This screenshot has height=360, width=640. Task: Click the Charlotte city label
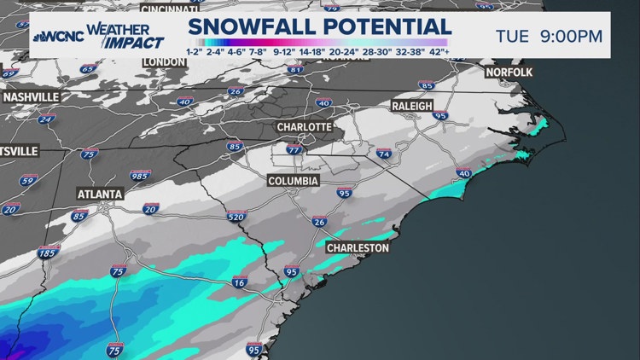[303, 127]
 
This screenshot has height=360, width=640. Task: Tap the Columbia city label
[293, 182]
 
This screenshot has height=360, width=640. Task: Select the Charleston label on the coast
[358, 248]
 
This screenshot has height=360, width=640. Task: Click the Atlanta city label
[100, 194]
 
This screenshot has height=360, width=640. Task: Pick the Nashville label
[31, 97]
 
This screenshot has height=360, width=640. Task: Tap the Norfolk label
[509, 73]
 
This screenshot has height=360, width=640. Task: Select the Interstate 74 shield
[383, 154]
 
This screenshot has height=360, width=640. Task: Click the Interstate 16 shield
[238, 283]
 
